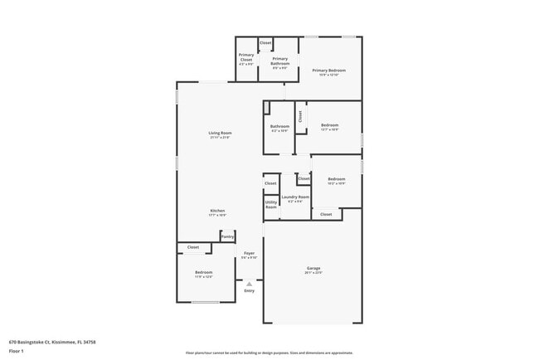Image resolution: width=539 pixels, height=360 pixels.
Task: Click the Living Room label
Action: pos(220,134)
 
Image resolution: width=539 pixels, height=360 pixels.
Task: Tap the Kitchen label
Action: pos(217,212)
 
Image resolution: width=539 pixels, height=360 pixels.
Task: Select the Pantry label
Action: pos(226,236)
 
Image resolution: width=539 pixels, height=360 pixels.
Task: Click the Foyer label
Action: pos(249,253)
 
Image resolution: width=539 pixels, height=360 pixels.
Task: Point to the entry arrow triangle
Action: pos(249,283)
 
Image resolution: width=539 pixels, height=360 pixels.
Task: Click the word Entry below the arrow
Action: pos(249,290)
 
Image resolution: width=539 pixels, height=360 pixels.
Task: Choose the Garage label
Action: pos(313,269)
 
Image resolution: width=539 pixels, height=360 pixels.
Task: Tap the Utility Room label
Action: pos(271,203)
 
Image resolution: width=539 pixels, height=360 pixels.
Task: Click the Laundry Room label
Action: pos(295,197)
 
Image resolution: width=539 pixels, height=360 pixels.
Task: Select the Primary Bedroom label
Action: pos(328,71)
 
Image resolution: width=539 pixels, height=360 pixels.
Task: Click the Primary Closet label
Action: pos(245,60)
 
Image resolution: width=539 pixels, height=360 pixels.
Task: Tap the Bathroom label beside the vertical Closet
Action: pos(279,127)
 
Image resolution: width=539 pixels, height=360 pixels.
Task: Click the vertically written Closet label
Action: pos(300,116)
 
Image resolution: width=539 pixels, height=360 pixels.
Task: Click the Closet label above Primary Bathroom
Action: pos(265,42)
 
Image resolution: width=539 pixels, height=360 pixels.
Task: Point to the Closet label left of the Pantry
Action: pos(192,247)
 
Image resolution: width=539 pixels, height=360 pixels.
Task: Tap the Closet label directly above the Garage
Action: pos(326,214)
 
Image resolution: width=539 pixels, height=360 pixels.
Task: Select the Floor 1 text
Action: pos(16,350)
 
